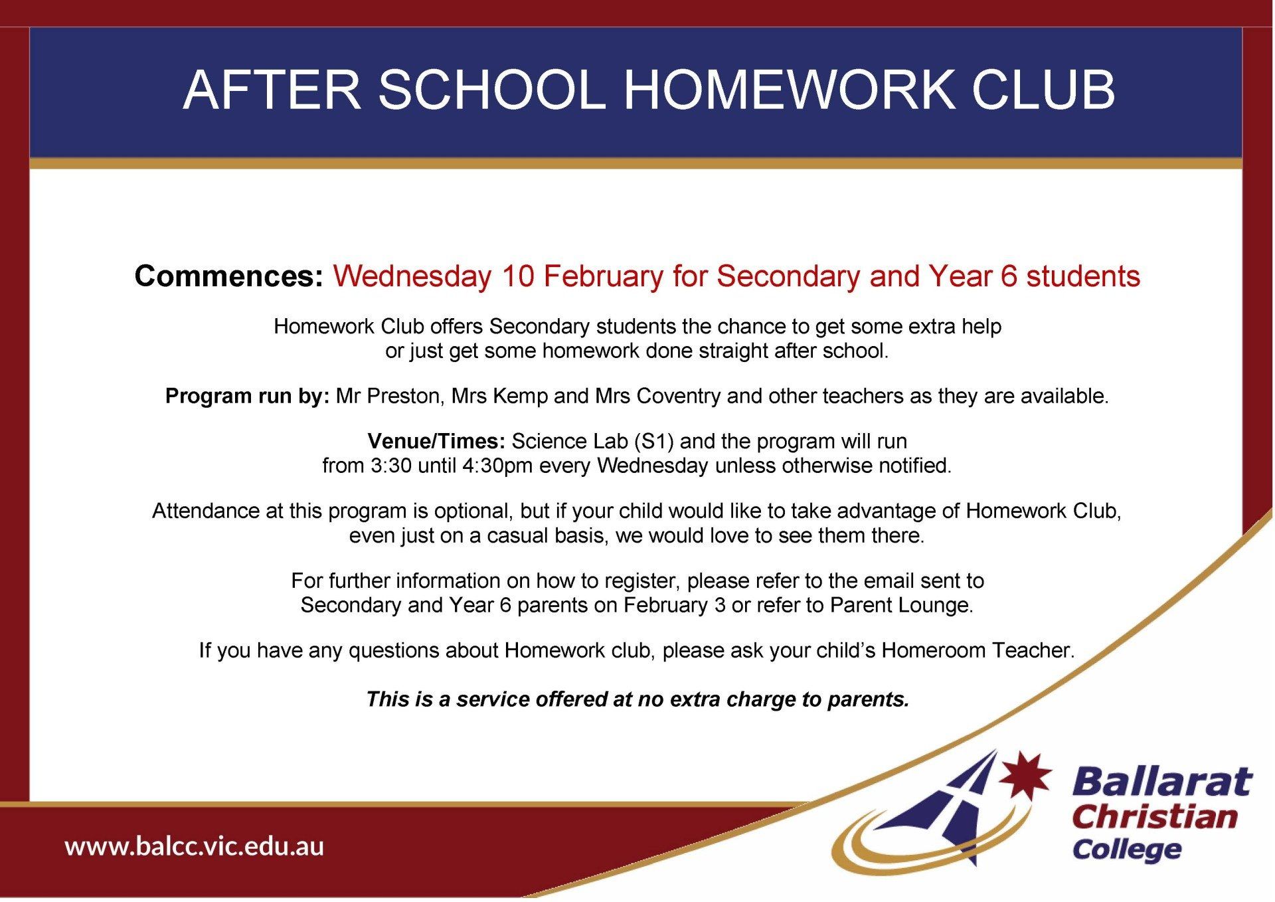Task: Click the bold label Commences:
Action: click(228, 276)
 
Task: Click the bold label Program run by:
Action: click(247, 397)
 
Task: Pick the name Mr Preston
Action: click(388, 397)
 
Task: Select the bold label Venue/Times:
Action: click(436, 442)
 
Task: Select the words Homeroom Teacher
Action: click(977, 650)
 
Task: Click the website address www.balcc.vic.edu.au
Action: click(194, 847)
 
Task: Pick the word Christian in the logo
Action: click(1154, 817)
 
